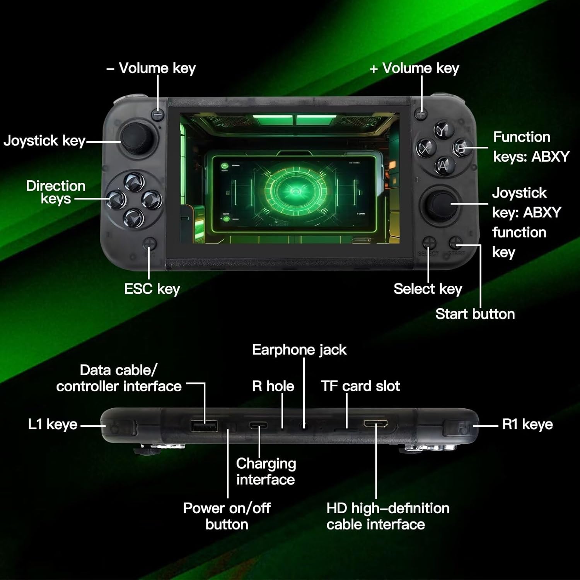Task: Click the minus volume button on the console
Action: pos(158,115)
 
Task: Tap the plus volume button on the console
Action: pos(421,114)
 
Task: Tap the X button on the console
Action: pos(426,148)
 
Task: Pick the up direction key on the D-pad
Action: pos(134,182)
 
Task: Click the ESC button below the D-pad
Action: pos(150,244)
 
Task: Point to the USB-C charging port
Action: pos(259,425)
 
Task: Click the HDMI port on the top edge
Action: pos(375,424)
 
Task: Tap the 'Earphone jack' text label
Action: pos(299,350)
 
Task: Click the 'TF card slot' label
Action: pos(360,386)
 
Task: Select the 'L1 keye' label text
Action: pos(53,425)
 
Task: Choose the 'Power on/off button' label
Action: pos(227,516)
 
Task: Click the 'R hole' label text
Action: pos(273,386)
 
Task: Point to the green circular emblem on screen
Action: pos(296,190)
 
